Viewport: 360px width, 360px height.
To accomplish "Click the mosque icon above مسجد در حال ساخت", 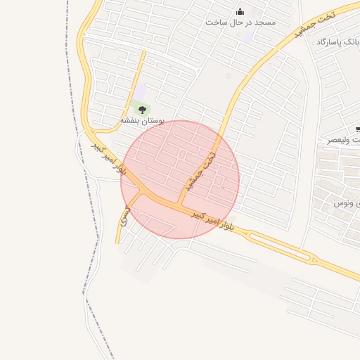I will (241, 11).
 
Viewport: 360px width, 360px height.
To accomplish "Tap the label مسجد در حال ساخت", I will (240, 22).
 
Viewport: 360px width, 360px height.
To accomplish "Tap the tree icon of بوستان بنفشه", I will (143, 109).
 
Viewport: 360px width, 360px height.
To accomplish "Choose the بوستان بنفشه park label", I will (142, 121).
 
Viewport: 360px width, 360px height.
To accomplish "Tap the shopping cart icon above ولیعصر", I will (357, 129).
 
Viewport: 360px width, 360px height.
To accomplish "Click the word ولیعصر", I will (341, 140).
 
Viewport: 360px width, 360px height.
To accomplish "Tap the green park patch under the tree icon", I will (141, 111).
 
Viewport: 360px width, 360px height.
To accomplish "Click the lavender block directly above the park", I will (141, 91).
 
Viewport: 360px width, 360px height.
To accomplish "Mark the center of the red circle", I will (180, 179).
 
